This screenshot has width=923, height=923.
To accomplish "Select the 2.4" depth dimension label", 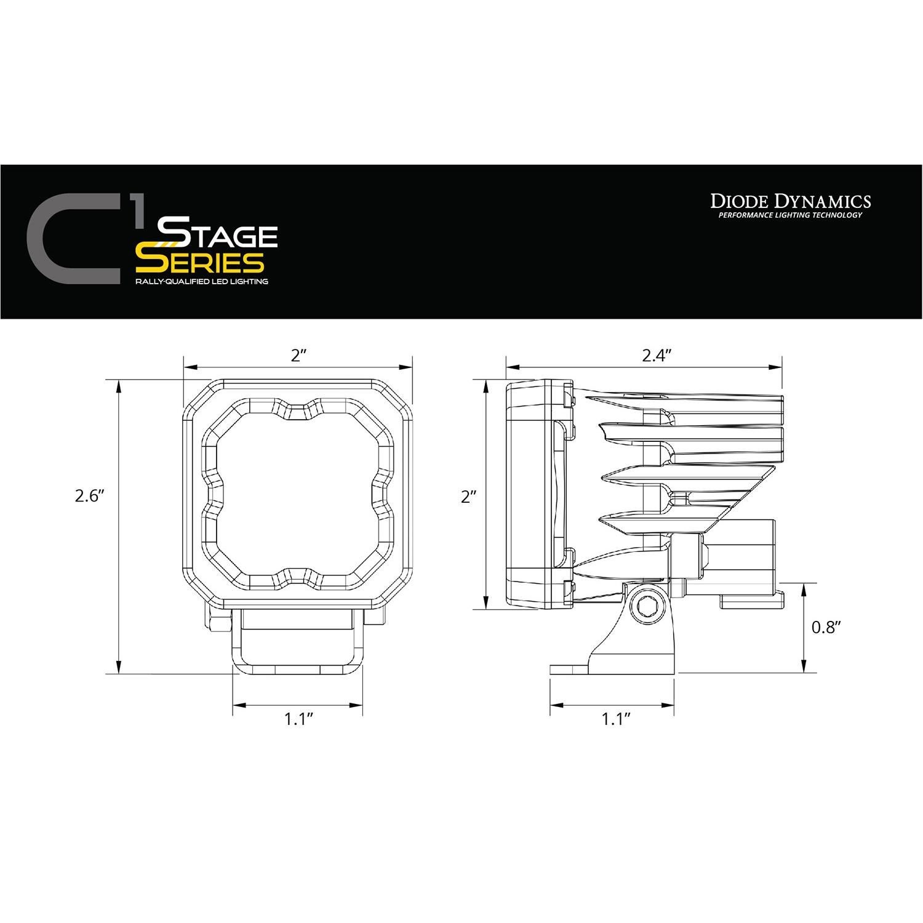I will pyautogui.click(x=655, y=355).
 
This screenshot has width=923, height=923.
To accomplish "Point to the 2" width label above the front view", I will pyautogui.click(x=299, y=355).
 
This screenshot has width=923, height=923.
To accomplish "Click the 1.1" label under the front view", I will pyautogui.click(x=299, y=719).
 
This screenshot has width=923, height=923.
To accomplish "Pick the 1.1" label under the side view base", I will pyautogui.click(x=618, y=719).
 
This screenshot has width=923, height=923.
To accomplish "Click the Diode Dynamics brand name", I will pyautogui.click(x=790, y=201).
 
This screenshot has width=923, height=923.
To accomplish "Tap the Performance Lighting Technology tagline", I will pyautogui.click(x=790, y=215).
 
